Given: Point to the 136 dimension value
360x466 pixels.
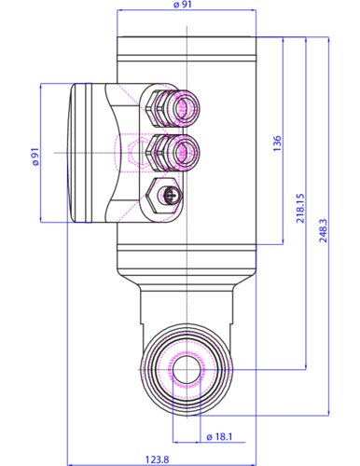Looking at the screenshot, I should click(x=277, y=144).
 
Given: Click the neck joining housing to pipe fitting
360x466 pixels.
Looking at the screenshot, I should click(x=183, y=303).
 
